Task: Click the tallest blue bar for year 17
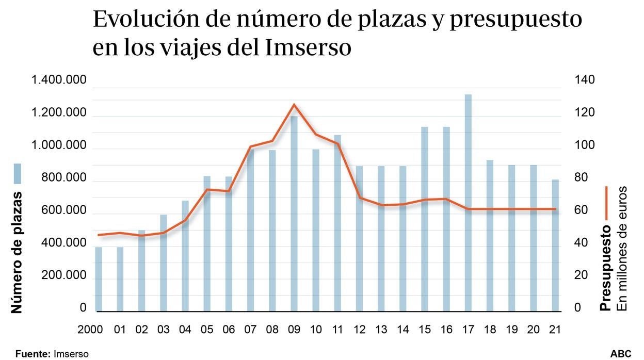(468, 203)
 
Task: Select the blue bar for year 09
(294, 214)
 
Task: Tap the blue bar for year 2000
(99, 279)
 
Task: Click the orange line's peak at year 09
(294, 105)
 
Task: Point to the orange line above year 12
(359, 198)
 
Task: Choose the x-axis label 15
(424, 329)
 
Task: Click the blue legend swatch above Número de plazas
(17, 174)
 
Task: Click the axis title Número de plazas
(17, 252)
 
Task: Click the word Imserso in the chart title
(309, 48)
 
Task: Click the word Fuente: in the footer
(33, 354)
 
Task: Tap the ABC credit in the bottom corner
(621, 354)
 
